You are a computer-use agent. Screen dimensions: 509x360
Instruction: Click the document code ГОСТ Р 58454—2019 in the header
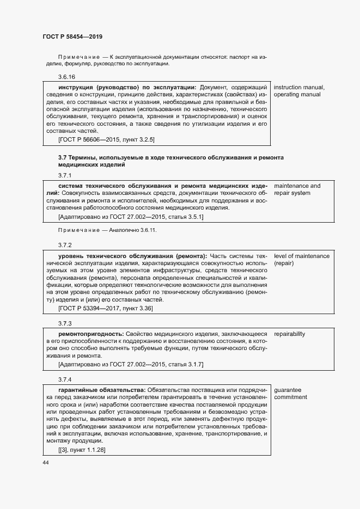(72, 36)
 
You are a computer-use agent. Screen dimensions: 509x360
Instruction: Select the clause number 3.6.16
(66, 77)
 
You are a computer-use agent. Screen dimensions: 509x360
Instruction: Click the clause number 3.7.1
(65, 175)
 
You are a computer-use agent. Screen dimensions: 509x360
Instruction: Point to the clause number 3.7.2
(65, 246)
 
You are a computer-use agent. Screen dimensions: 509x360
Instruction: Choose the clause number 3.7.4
(65, 378)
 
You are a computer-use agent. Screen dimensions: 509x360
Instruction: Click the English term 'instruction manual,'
(299, 87)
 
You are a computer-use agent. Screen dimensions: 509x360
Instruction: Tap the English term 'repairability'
(289, 333)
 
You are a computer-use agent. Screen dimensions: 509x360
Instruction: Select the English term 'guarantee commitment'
(290, 393)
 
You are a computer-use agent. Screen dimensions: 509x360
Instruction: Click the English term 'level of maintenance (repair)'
(301, 259)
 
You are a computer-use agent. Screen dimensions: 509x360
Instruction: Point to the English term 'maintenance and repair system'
(297, 189)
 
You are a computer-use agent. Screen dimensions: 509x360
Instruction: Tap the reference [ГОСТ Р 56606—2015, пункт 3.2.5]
(106, 139)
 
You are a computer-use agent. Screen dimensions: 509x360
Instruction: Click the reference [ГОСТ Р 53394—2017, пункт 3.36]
(105, 308)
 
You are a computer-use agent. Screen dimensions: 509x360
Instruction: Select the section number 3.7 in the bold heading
(63, 157)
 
